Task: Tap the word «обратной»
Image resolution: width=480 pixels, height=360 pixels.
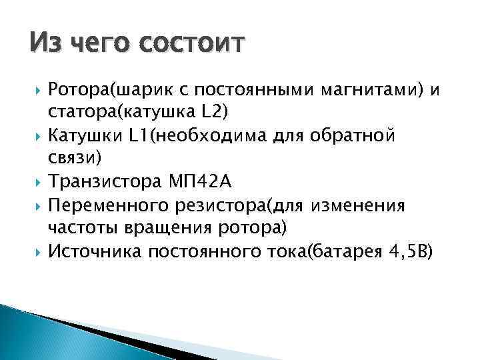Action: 357,136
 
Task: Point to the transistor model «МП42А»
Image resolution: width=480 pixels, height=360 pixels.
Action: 194,181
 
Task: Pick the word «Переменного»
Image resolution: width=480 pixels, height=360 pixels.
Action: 106,205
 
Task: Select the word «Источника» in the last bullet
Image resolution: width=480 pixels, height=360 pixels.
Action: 97,251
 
